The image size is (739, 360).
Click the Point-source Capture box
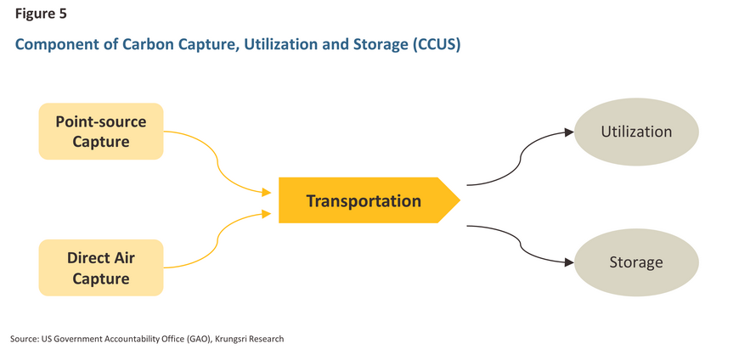[101, 132]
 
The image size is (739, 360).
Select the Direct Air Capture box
[101, 267]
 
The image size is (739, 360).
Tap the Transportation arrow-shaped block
[369, 200]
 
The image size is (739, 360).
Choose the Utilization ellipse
[636, 132]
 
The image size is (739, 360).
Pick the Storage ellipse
[636, 262]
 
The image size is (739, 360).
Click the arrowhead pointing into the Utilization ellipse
[569, 132]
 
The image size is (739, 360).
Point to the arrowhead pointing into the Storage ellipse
[569, 262]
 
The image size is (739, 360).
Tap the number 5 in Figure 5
[63, 14]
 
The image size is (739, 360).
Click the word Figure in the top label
[36, 14]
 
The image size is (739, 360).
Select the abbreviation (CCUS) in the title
[436, 44]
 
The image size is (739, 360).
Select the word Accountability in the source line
[116, 340]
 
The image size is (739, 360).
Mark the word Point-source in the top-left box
[101, 122]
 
